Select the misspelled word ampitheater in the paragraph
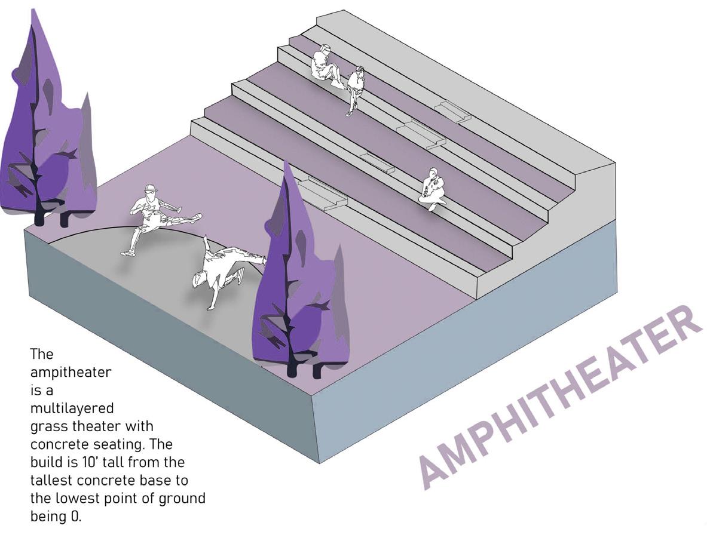[71, 373]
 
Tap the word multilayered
[72, 408]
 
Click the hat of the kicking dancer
[151, 189]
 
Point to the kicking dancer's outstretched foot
[196, 216]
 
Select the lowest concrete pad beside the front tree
[323, 193]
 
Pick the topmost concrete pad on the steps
[454, 111]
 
